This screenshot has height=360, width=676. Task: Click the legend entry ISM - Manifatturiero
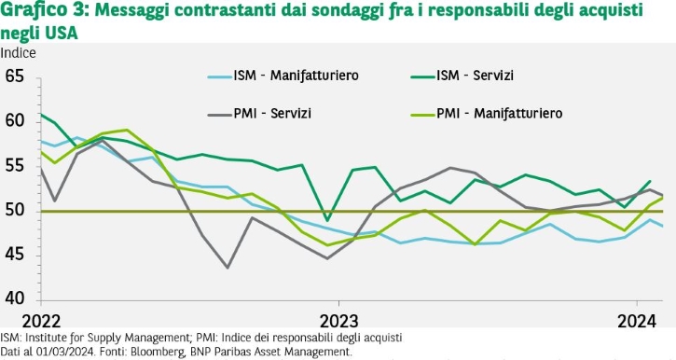click(x=283, y=76)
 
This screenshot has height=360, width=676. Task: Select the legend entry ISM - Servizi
click(x=462, y=76)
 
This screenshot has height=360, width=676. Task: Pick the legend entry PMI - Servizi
click(x=259, y=114)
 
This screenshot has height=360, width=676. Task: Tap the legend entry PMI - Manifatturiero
click(x=487, y=114)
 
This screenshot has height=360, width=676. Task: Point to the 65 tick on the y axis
click(x=15, y=76)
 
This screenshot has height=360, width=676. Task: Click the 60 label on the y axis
click(x=15, y=121)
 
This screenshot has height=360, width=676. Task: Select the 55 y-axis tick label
click(x=15, y=166)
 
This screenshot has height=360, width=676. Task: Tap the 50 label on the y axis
click(x=15, y=211)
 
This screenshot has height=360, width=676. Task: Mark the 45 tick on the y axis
click(x=15, y=256)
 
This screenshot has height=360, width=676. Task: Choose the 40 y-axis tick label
click(x=15, y=298)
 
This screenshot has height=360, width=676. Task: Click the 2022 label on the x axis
click(x=41, y=322)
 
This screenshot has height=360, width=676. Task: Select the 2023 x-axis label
click(x=338, y=322)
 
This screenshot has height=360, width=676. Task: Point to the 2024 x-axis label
click(x=637, y=322)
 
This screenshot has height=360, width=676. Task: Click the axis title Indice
click(x=18, y=53)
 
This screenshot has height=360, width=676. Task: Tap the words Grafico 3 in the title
click(x=45, y=10)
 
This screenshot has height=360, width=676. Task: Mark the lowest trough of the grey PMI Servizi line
click(x=228, y=268)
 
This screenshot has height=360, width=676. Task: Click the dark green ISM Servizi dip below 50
click(x=327, y=220)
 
